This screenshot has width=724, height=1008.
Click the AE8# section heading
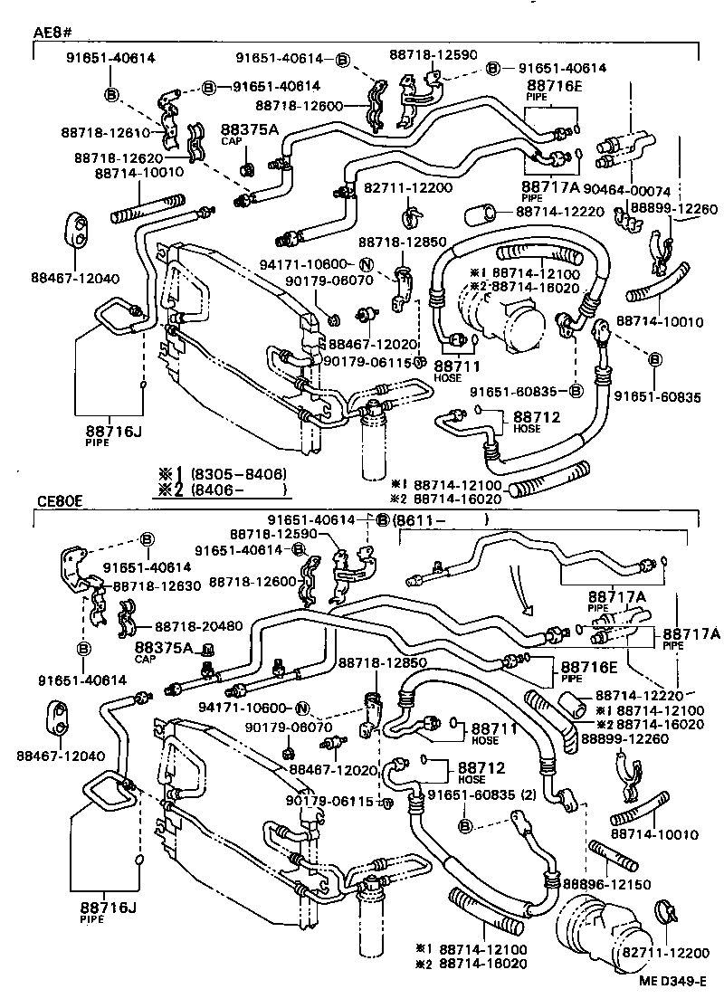[53, 33]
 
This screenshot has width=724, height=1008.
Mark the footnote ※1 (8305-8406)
[223, 474]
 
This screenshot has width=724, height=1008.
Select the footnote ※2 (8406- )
[223, 490]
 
